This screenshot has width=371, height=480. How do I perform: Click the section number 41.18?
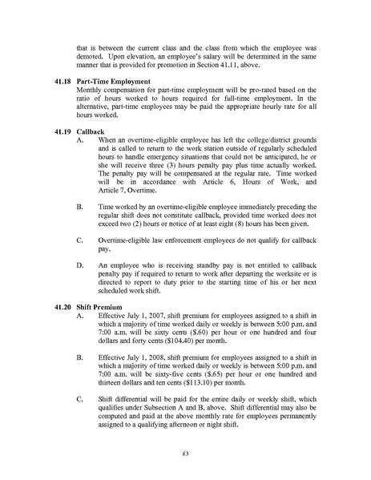click(x=71, y=81)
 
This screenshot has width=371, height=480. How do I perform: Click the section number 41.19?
click(x=71, y=129)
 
